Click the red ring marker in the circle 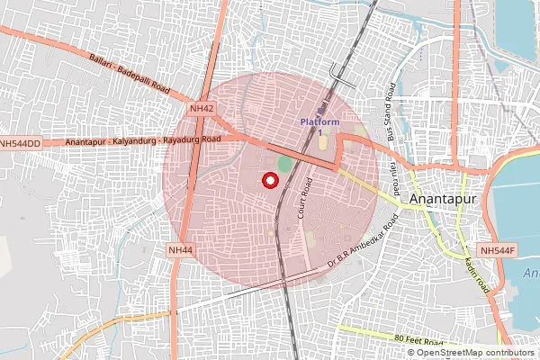pos(268,180)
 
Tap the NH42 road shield pos(202,108)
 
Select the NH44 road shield pos(180,249)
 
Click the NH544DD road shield pos(21,143)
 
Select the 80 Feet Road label pos(419,339)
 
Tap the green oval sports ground pos(284,164)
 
